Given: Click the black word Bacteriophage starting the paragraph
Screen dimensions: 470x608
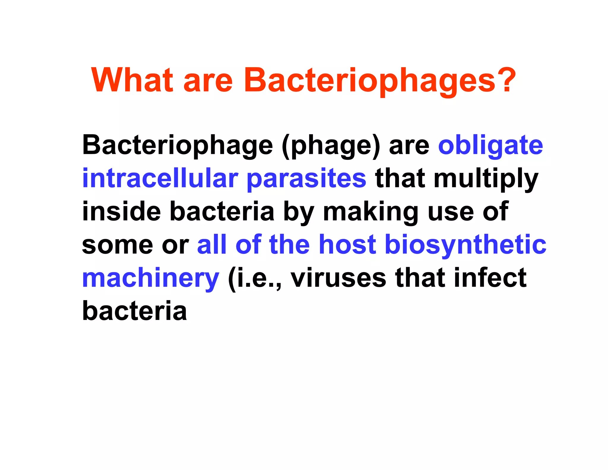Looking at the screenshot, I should [x=177, y=146].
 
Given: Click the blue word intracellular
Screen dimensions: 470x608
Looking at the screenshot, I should [x=160, y=179].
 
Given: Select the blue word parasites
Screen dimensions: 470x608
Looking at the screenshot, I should [x=306, y=179].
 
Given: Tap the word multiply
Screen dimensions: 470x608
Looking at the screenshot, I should [x=486, y=179].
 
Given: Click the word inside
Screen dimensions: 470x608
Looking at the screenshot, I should [x=121, y=212].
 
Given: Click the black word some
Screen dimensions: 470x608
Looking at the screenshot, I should [x=117, y=245].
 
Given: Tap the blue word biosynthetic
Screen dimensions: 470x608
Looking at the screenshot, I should [x=465, y=245].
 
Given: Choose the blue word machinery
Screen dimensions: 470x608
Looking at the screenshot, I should [x=151, y=278].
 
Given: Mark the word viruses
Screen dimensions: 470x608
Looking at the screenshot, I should [x=338, y=278].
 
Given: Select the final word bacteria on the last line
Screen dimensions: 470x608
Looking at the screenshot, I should [x=134, y=311].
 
